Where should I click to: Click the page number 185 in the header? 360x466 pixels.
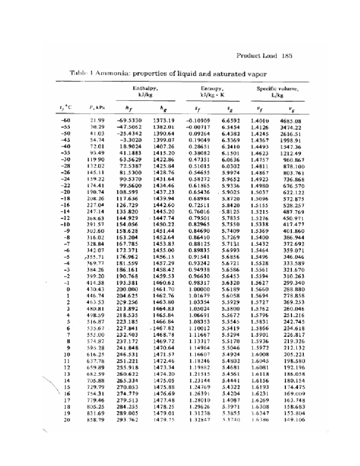pos(287,56)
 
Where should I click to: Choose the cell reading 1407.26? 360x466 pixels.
pos(164,147)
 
